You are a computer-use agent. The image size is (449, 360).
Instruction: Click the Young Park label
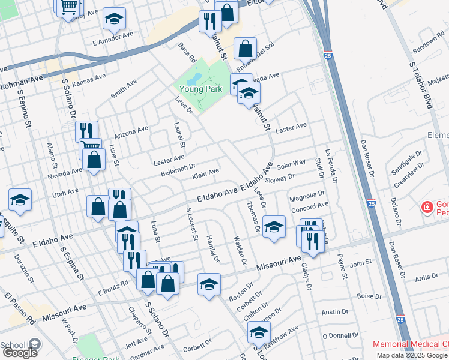click(200, 89)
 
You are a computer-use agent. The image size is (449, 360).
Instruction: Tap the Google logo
click(19, 352)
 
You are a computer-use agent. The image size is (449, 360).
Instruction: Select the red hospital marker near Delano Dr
click(427, 208)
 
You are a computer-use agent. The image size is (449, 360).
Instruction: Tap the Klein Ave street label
click(205, 173)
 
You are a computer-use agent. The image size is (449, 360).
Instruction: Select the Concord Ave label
click(309, 209)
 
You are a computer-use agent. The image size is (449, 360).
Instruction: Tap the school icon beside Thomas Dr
click(274, 226)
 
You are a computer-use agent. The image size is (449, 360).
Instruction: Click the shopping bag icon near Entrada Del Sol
click(246, 48)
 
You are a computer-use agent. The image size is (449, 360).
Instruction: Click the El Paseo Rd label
click(20, 308)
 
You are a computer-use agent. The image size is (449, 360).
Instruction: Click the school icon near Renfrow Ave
click(259, 331)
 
